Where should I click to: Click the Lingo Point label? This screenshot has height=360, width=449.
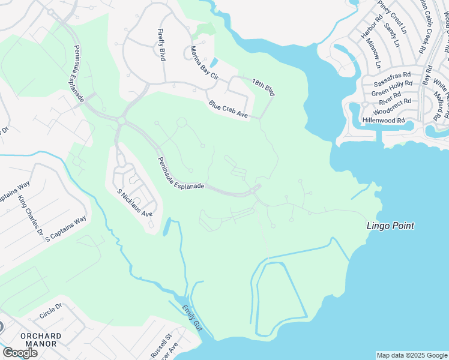pyautogui.click(x=391, y=226)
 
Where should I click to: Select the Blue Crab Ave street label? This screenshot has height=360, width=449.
pyautogui.click(x=228, y=110)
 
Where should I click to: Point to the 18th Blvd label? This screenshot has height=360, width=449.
pyautogui.click(x=263, y=88)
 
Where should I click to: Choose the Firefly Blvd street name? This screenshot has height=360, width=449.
pyautogui.click(x=161, y=44)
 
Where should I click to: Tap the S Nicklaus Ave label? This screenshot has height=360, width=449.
pyautogui.click(x=134, y=203)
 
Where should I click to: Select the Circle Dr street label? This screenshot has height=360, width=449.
pyautogui.click(x=50, y=311)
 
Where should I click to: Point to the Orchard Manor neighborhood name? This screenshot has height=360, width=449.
pyautogui.click(x=40, y=340)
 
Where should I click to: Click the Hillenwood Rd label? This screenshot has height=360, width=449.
pyautogui.click(x=384, y=120)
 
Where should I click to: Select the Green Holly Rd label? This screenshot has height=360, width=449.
pyautogui.click(x=391, y=92)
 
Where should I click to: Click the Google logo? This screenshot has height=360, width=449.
pyautogui.click(x=20, y=353)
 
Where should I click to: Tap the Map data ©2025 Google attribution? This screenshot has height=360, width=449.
pyautogui.click(x=412, y=355)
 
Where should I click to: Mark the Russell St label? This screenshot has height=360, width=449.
pyautogui.click(x=162, y=346)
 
